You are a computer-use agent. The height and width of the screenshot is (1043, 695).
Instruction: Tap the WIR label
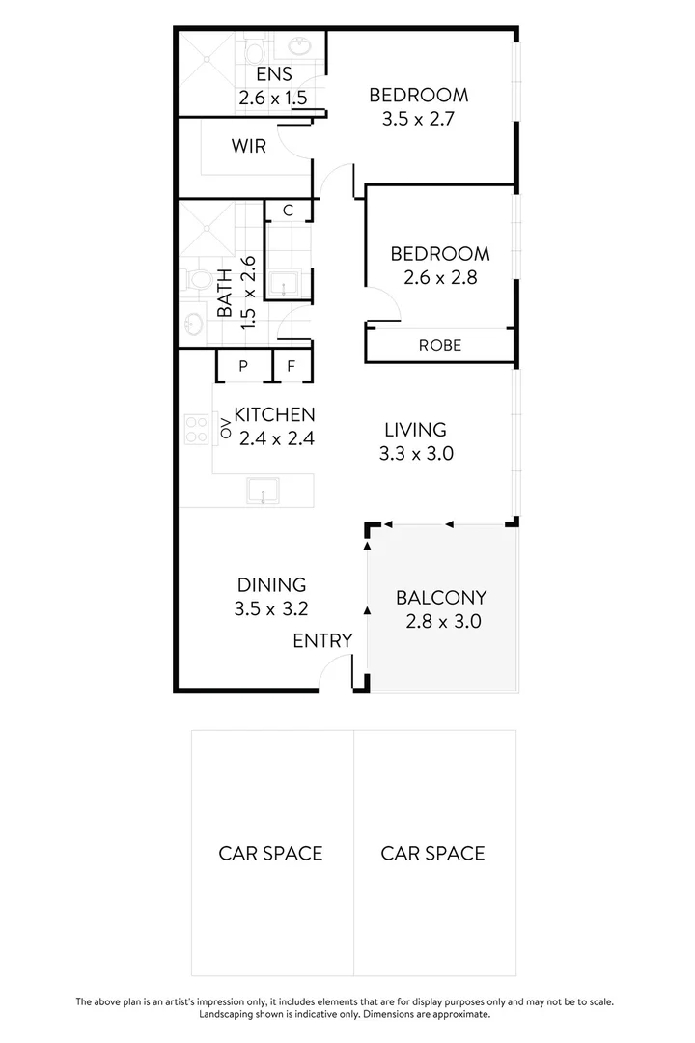pyautogui.click(x=248, y=147)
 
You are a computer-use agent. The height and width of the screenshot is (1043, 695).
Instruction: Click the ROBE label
pyautogui.click(x=439, y=345)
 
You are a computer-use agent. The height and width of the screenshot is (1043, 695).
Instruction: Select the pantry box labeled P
pyautogui.click(x=243, y=367)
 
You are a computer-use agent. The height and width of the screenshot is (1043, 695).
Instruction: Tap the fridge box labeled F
pyautogui.click(x=291, y=367)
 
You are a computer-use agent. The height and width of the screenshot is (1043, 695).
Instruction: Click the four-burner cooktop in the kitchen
pyautogui.click(x=198, y=429)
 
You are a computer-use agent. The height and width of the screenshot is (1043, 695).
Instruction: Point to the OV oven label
pyautogui.click(x=226, y=429)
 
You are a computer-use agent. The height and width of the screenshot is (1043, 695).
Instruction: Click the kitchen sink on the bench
pyautogui.click(x=263, y=491)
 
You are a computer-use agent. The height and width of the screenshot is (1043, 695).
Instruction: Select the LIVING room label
pyautogui.click(x=415, y=430)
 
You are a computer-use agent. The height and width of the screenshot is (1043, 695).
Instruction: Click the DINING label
pyautogui.click(x=271, y=584)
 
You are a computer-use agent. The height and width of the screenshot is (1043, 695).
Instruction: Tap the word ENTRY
pyautogui.click(x=322, y=640)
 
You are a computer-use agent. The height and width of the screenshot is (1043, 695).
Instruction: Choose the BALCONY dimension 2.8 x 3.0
pyautogui.click(x=440, y=622)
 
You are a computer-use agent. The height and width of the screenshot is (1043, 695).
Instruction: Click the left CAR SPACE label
pyautogui.click(x=270, y=853)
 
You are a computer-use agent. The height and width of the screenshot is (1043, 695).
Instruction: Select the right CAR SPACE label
pyautogui.click(x=432, y=853)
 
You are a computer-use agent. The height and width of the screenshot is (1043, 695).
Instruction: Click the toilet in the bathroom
pyautogui.click(x=200, y=280)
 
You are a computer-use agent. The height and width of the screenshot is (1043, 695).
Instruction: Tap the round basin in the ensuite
pyautogui.click(x=300, y=45)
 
